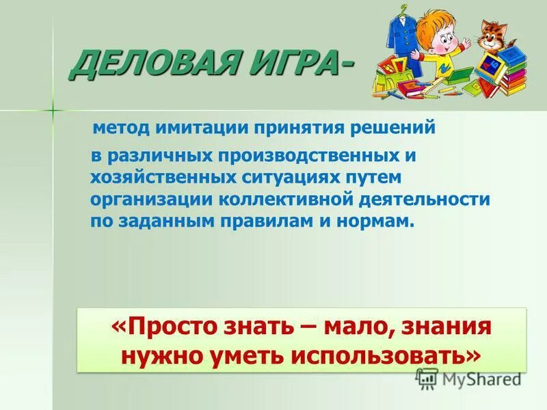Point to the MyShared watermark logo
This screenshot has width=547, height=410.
[x=468, y=378]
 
